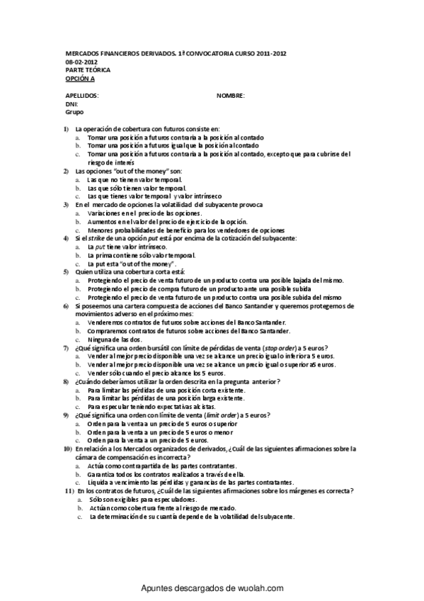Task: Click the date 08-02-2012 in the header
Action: (79, 62)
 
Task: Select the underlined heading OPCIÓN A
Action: (79, 79)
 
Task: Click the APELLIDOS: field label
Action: (81, 95)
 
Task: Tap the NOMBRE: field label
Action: (231, 95)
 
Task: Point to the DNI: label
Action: (71, 103)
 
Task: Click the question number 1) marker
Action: (66, 128)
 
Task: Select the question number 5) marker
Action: (66, 271)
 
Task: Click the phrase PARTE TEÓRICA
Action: (88, 70)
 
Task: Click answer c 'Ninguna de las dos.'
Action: (115, 339)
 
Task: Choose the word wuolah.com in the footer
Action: (256, 588)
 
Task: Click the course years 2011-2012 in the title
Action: (266, 54)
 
